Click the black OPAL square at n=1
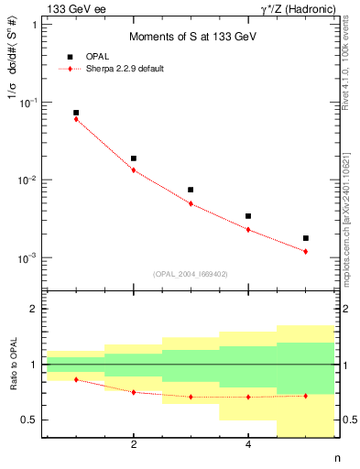(76, 113)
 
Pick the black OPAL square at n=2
(134, 158)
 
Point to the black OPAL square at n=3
(191, 190)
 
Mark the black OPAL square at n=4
(248, 216)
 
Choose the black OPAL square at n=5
(305, 238)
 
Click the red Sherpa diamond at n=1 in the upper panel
(76, 119)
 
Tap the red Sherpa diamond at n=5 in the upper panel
(305, 251)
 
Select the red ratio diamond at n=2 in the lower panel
(134, 392)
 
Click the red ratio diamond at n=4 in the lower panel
(248, 397)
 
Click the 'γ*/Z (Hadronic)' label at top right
(299, 8)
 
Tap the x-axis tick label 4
(248, 445)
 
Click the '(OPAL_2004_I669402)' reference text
(191, 273)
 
